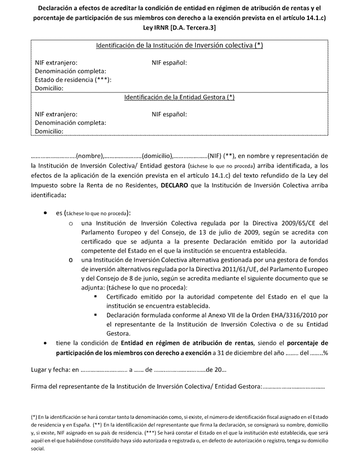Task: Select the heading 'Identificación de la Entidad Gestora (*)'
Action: click(x=180, y=97)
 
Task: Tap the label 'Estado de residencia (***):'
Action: click(x=73, y=79)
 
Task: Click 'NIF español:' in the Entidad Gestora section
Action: click(x=169, y=114)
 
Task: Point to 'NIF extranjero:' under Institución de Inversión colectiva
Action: click(x=56, y=62)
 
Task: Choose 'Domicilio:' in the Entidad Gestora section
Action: click(x=49, y=131)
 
